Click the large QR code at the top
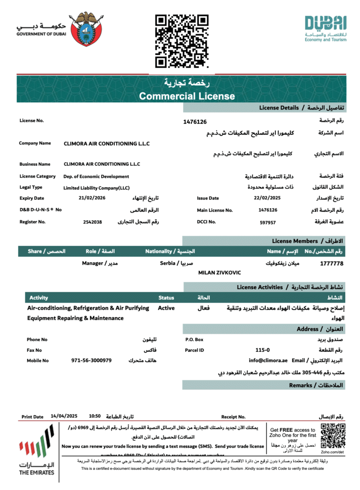pos(182,41)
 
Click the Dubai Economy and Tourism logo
pos(325,29)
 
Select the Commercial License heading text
pos(187,96)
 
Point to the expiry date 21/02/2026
pos(92,198)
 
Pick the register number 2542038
pos(92,222)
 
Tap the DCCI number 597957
pos(268,222)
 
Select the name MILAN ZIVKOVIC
pos(219,273)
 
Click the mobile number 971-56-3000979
pos(91,360)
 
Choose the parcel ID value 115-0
pos(262,350)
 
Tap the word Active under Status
pos(166,308)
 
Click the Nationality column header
pos(170,251)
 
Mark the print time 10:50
pos(95,416)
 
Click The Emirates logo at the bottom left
pos(36,452)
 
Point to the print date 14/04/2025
pos(61,416)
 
